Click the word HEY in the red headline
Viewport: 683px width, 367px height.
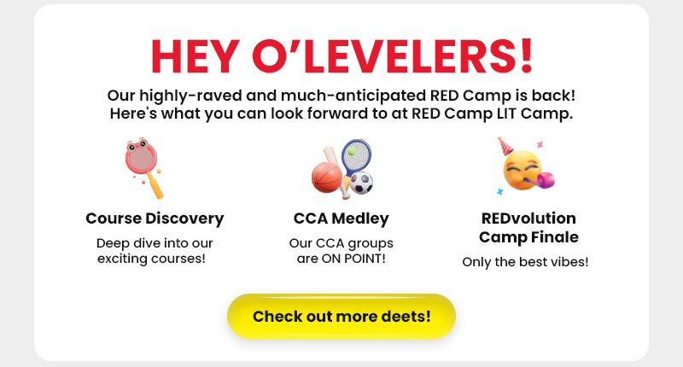[196, 56]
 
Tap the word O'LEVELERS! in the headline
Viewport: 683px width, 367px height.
[393, 55]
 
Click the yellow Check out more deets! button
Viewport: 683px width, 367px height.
[341, 316]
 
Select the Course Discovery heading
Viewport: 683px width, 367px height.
[155, 218]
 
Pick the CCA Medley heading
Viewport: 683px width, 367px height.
[341, 218]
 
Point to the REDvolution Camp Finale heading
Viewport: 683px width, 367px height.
[528, 227]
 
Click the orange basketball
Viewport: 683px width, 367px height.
[327, 178]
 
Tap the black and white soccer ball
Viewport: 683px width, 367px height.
[361, 183]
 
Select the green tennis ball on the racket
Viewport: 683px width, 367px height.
[352, 151]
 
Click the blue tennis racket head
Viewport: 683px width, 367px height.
[357, 155]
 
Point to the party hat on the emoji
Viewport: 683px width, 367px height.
[505, 146]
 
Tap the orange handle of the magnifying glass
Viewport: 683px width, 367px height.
[155, 185]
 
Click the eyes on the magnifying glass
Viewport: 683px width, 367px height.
[137, 145]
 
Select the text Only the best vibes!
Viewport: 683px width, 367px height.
[525, 262]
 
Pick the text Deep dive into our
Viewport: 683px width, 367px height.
[155, 243]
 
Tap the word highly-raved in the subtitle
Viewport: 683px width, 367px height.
[190, 96]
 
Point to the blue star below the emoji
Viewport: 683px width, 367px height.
[500, 191]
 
